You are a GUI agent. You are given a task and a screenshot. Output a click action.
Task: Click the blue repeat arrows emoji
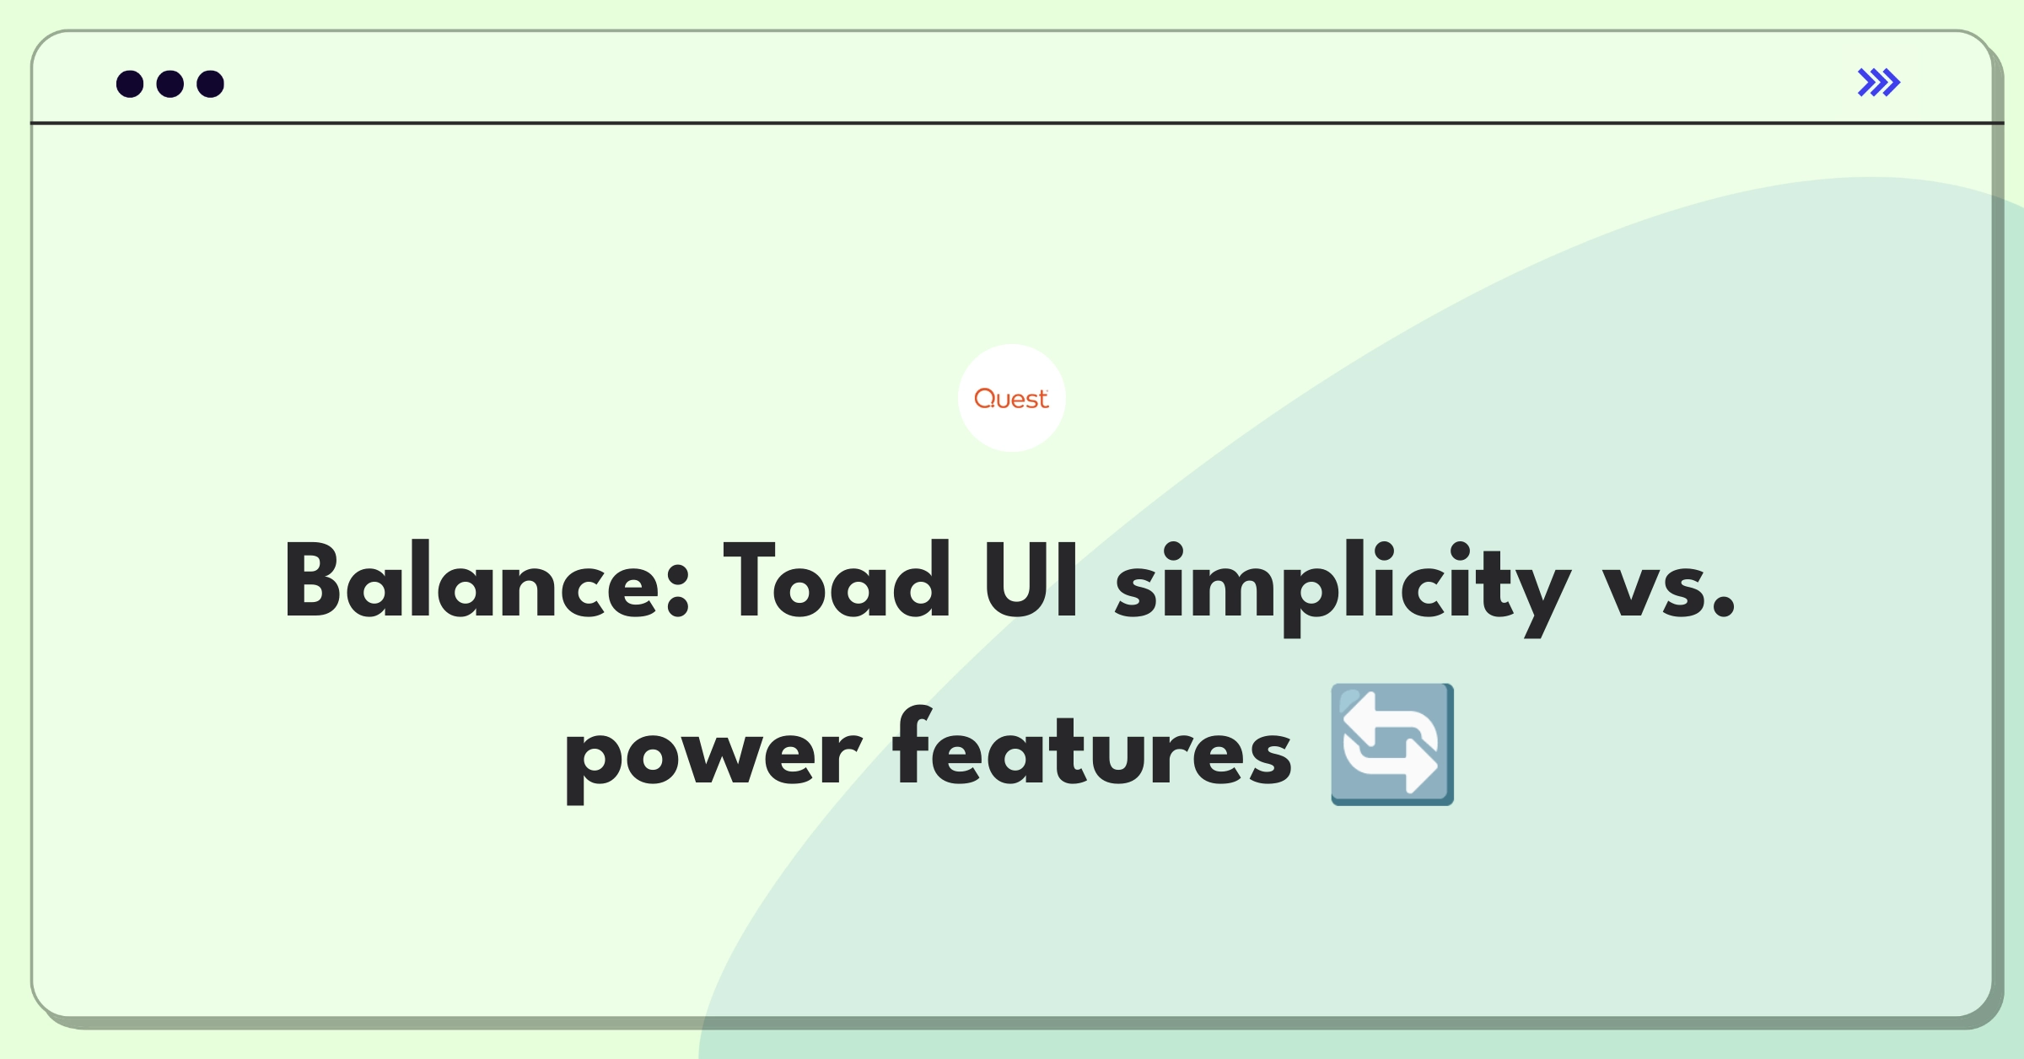click(1392, 745)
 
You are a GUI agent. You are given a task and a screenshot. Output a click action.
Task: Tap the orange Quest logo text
click(1011, 399)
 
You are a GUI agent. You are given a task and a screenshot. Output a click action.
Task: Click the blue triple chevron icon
click(1878, 83)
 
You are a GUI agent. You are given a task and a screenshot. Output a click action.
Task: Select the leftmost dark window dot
click(130, 84)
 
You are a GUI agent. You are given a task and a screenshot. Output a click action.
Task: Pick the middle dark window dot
click(170, 84)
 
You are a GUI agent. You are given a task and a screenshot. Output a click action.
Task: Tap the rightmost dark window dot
click(210, 84)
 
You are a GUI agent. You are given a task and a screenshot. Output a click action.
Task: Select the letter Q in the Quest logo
click(985, 398)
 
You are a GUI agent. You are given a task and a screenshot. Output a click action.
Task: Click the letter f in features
click(913, 746)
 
